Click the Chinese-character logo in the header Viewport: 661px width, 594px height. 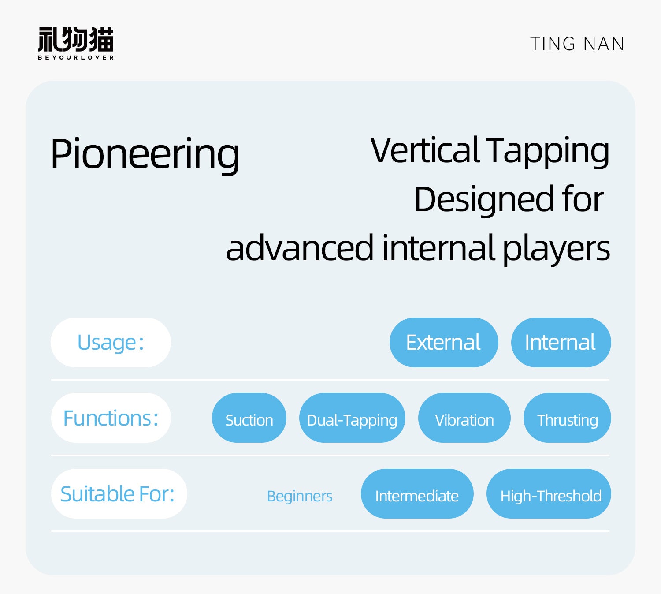coord(76,40)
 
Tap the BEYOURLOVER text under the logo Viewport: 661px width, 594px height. coord(76,57)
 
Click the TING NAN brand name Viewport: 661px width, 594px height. coord(577,44)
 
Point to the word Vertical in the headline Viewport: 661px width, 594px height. coord(425,150)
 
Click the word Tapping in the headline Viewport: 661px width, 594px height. coord(548,152)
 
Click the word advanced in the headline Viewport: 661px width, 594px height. coord(300,248)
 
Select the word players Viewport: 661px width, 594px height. coord(556,250)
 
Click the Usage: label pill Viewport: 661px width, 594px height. coord(111,342)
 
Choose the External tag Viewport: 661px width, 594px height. coord(444,342)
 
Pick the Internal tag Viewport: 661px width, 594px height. coord(561,342)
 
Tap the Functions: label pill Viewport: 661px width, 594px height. coord(111,418)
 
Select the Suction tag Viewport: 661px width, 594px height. coord(249,418)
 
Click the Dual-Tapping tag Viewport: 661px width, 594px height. coord(352,418)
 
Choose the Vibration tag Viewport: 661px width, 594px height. coord(464,418)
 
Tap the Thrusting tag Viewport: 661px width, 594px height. coord(567,418)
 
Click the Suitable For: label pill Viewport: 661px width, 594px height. coord(119,494)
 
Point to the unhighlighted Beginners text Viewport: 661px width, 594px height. coord(300,497)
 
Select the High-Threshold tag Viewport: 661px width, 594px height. coord(549,494)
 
